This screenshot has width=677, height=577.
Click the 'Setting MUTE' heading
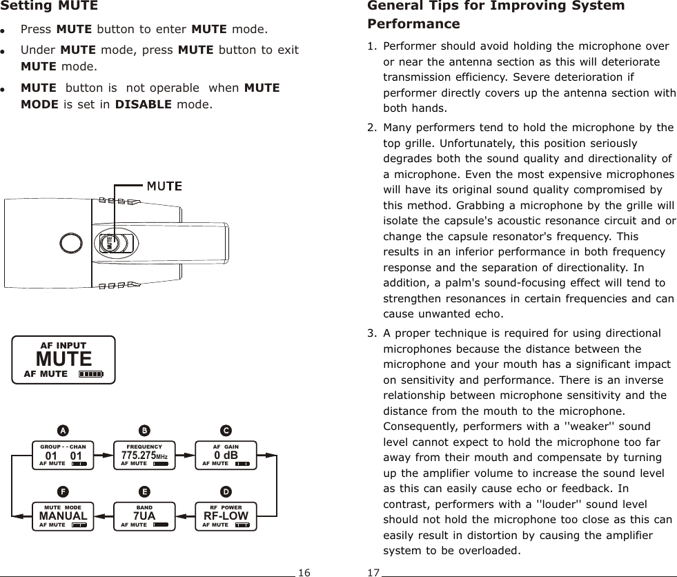50,7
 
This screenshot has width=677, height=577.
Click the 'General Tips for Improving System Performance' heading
496,14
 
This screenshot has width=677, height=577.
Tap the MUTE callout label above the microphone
163,186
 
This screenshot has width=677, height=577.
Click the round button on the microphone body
72,244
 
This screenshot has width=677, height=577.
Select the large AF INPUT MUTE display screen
64,360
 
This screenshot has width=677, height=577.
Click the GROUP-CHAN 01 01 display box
63,455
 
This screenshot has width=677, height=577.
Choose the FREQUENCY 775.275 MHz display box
144,455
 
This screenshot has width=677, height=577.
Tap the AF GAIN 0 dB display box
226,455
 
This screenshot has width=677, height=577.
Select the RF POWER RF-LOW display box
226,516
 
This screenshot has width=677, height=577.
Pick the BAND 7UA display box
144,516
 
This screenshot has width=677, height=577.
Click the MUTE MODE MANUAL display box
63,516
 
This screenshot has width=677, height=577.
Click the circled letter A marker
63,430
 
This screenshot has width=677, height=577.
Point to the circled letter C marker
226,430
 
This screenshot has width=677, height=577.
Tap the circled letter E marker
144,491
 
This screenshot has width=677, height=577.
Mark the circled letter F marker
63,491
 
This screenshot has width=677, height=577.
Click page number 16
304,572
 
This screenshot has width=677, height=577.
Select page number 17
373,572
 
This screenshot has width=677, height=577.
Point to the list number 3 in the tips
372,333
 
